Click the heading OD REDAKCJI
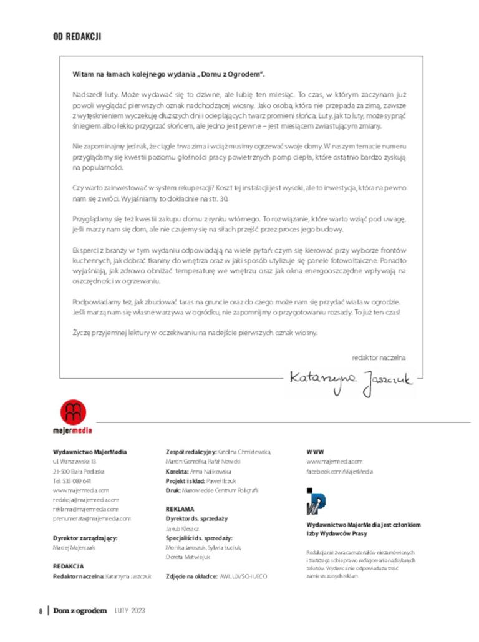click(77, 37)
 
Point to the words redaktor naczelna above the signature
click(379, 357)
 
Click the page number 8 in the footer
click(41, 611)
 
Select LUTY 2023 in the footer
click(129, 611)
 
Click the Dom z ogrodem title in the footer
click(80, 611)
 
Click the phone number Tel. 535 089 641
click(72, 480)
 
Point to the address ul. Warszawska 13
click(74, 461)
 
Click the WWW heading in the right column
click(315, 452)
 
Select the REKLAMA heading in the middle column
click(180, 508)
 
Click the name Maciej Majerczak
click(74, 547)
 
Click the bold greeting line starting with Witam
click(168, 75)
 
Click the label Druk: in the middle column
click(173, 490)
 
